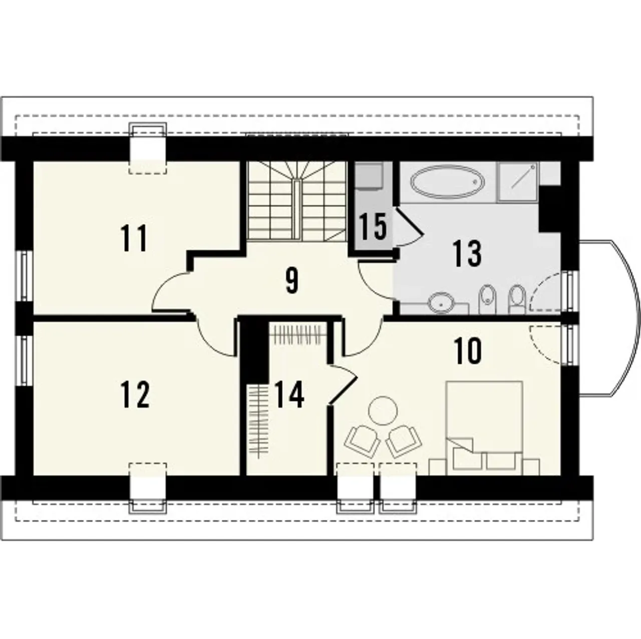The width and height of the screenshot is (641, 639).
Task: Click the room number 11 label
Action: click(134, 238)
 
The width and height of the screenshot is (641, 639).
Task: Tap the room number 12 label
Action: click(135, 395)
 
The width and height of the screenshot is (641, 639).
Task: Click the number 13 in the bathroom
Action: click(467, 254)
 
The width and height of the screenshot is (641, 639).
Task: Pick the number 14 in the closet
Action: click(289, 395)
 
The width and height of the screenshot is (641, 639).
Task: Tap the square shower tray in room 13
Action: click(518, 182)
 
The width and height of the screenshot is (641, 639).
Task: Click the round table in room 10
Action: click(384, 411)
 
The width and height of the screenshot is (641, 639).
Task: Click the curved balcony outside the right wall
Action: click(610, 318)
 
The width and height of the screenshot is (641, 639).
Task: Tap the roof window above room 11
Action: click(148, 149)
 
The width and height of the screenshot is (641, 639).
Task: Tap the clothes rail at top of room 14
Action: click(297, 331)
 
